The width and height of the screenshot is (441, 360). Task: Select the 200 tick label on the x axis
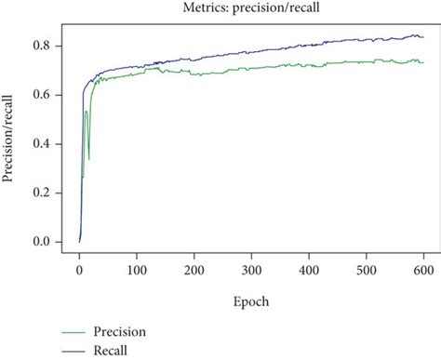click(x=194, y=269)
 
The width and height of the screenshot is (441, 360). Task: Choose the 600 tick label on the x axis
click(x=423, y=269)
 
